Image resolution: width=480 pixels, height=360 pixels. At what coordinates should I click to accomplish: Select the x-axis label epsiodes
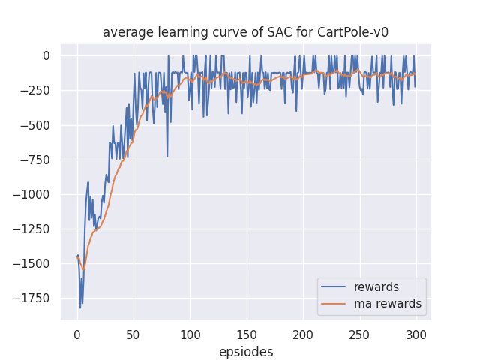246,352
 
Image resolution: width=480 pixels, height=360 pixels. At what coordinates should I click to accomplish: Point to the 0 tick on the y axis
46,55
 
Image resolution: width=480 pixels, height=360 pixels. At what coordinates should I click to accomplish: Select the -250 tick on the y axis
35,91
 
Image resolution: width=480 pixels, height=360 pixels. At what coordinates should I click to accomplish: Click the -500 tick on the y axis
35,125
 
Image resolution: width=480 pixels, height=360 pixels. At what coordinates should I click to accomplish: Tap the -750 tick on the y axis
35,160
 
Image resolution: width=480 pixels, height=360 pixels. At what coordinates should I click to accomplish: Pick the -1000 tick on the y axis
32,194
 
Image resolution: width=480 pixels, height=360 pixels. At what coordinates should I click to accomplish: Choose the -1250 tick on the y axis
32,229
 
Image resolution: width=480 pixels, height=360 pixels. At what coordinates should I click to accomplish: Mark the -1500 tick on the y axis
32,263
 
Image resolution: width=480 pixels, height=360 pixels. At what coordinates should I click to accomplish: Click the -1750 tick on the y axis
32,298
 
